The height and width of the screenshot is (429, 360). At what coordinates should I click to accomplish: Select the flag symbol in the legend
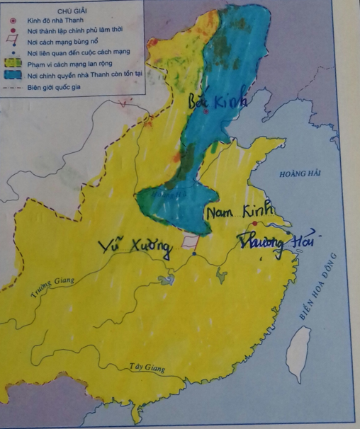point(13,41)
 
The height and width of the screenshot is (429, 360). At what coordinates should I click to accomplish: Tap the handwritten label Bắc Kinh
point(218,102)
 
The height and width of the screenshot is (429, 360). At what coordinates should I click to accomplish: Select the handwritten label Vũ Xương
point(136,246)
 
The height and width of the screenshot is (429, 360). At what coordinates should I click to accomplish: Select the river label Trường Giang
point(52,286)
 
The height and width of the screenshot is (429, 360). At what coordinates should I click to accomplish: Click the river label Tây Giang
point(147,368)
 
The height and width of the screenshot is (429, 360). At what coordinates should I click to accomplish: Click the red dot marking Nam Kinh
point(254,224)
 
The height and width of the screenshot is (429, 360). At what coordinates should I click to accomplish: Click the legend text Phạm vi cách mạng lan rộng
point(72,63)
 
